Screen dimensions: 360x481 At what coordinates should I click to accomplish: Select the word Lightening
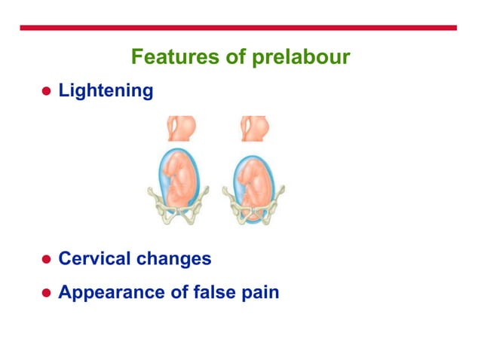(x=106, y=91)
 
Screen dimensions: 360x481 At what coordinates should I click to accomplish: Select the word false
(x=214, y=291)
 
